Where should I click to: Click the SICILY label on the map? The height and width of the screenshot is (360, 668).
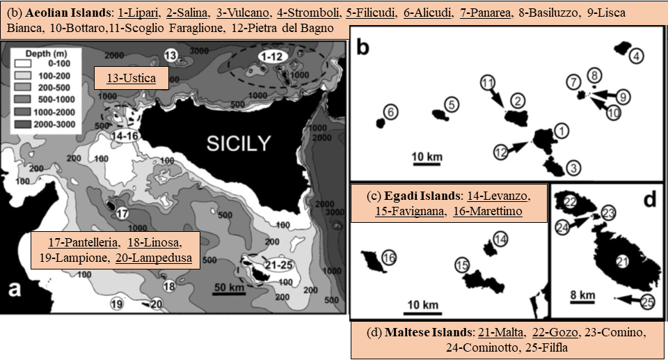coord(239,144)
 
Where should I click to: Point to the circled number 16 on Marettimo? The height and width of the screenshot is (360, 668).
coord(389,258)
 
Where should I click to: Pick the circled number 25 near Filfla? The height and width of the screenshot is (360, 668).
coord(648,302)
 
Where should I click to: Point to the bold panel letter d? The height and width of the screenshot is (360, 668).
coord(649,201)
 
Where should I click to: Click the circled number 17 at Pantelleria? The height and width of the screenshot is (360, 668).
coord(122,213)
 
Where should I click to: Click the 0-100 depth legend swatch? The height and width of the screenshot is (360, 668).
coord(22,63)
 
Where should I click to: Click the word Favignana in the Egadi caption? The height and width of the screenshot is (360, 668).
coord(413,211)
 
